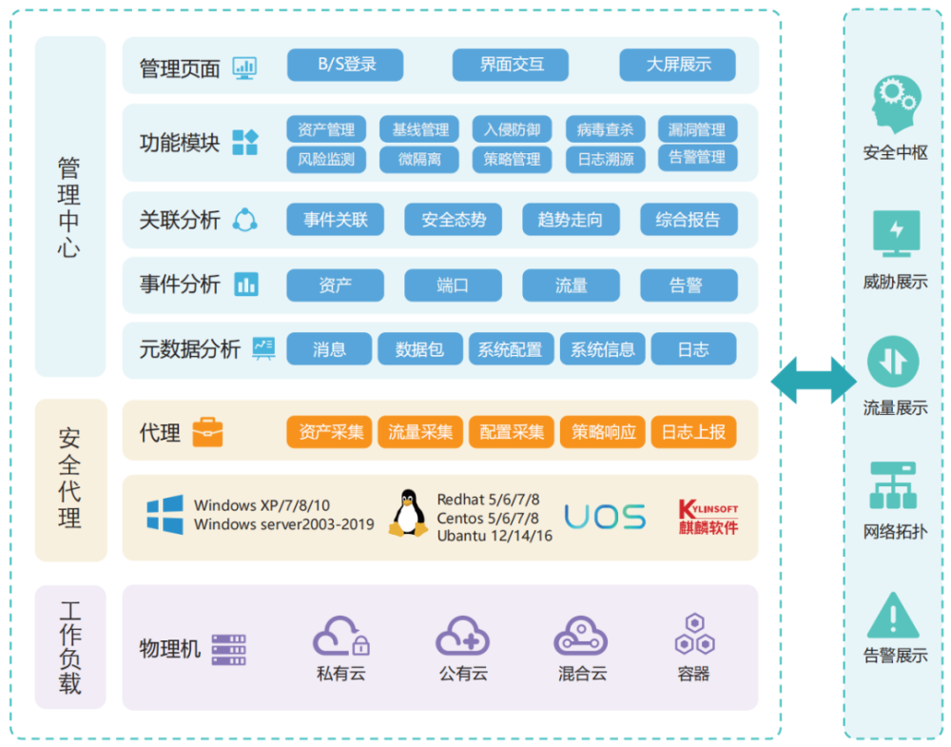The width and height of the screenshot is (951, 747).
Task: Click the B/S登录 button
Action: coord(345,65)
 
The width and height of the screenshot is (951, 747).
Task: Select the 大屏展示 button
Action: coord(678,65)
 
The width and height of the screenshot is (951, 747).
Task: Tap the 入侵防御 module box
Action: coord(512,129)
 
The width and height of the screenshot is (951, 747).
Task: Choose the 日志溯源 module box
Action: coord(605,159)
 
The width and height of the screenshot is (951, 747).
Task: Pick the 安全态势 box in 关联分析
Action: coord(454,220)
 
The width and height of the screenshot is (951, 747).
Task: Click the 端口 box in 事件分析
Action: coord(453,285)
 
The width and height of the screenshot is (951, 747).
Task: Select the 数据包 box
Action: coord(419,349)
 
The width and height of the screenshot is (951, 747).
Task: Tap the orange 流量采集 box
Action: coord(419,432)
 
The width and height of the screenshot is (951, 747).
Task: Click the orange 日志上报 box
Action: coord(693,432)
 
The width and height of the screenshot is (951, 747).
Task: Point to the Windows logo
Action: coord(165,514)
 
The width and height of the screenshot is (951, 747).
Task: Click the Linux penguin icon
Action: coord(409,513)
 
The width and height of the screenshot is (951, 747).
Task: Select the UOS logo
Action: coord(605,516)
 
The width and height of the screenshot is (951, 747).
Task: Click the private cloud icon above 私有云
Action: coord(340,636)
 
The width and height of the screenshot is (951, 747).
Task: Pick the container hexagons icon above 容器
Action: coord(693,634)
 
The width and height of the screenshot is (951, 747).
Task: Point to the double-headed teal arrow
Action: coord(813,380)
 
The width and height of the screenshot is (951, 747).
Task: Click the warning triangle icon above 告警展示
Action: coord(893,616)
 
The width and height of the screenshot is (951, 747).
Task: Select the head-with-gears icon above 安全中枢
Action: coord(895,107)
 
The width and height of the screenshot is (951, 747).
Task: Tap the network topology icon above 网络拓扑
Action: coord(894,486)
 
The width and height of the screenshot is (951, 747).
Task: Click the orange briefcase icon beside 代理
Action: coord(207,432)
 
